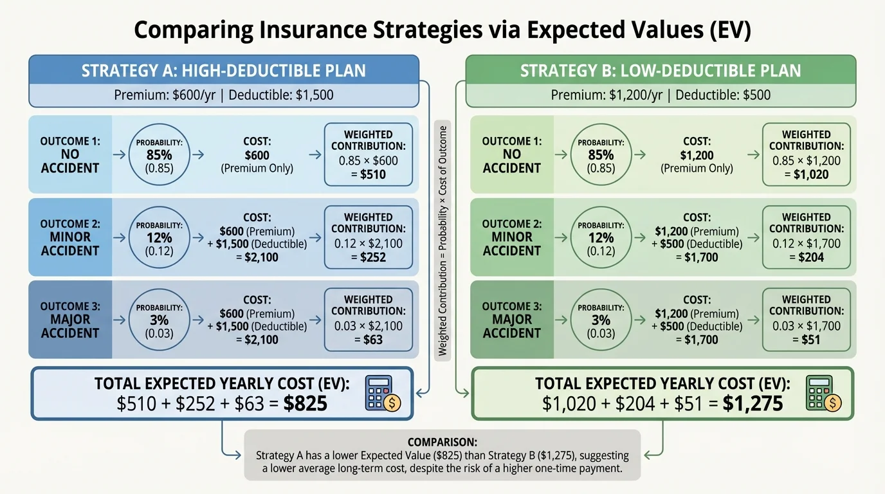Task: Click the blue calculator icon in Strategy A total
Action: pos(383,394)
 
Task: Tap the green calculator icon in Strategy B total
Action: pos(823,394)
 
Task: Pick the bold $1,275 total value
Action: pos(753,403)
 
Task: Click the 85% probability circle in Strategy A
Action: pos(159,154)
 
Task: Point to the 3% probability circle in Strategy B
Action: pos(601,320)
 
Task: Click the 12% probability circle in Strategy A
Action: pos(159,237)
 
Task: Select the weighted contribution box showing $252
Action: pos(368,237)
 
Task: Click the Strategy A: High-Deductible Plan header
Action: pos(223,70)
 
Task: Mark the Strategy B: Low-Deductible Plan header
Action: pos(661,70)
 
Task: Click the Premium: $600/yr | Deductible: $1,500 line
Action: pos(223,95)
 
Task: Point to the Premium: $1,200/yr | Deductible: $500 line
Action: pos(661,95)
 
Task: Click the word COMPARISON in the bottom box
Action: pos(442,443)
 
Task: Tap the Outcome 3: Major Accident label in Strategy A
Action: pos(70,320)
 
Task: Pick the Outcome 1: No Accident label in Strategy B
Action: pos(511,154)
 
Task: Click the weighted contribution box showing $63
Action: pos(368,320)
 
